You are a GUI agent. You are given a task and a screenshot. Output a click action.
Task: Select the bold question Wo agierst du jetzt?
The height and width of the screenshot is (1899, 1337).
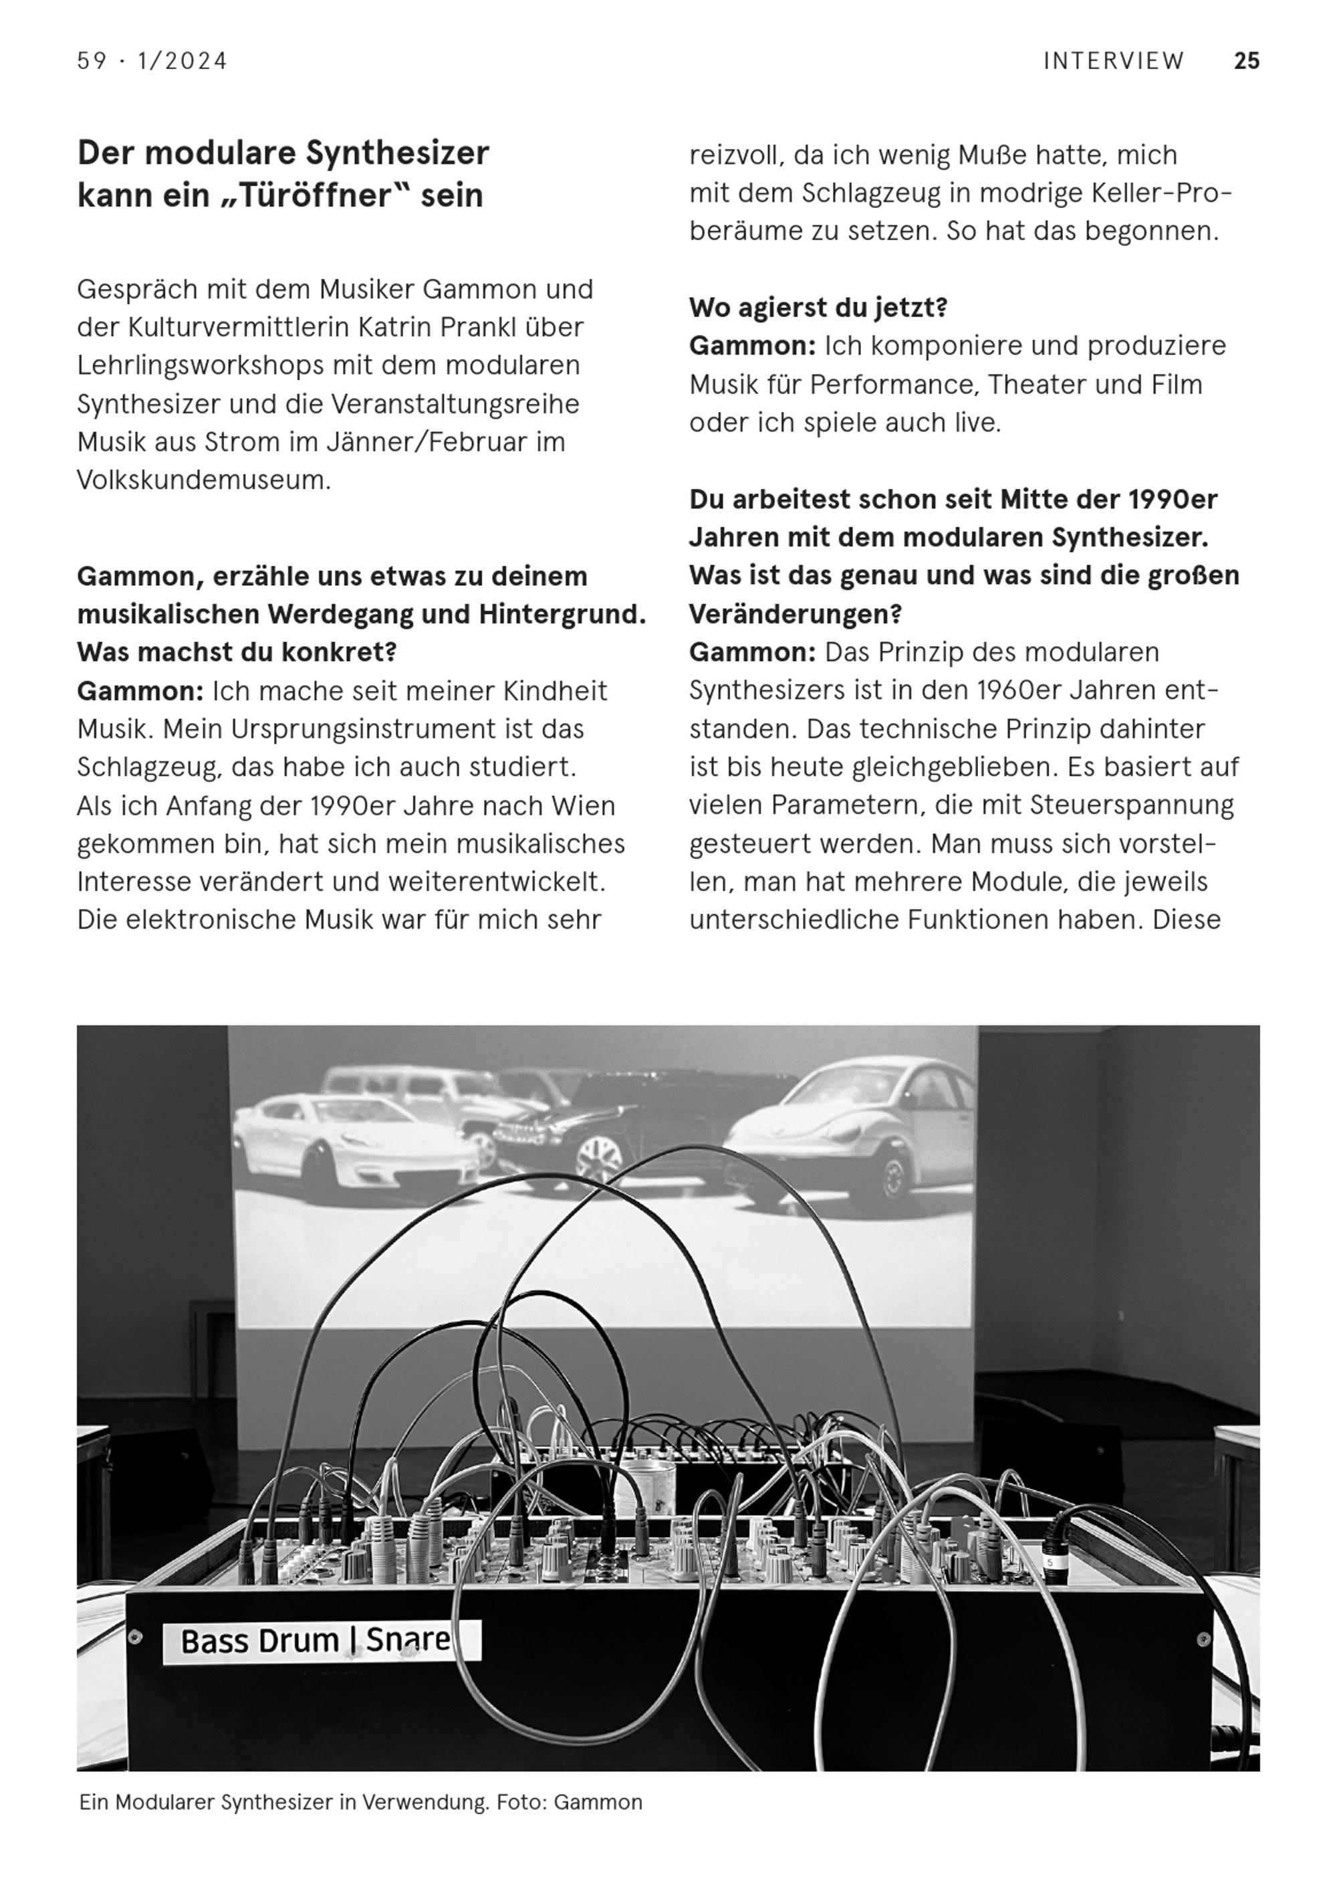818,308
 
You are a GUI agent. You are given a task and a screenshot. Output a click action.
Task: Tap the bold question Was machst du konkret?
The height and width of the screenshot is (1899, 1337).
237,652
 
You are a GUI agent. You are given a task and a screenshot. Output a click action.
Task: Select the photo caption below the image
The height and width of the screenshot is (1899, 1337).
360,1802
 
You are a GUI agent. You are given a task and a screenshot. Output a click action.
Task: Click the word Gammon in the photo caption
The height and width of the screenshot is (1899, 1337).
598,1802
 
